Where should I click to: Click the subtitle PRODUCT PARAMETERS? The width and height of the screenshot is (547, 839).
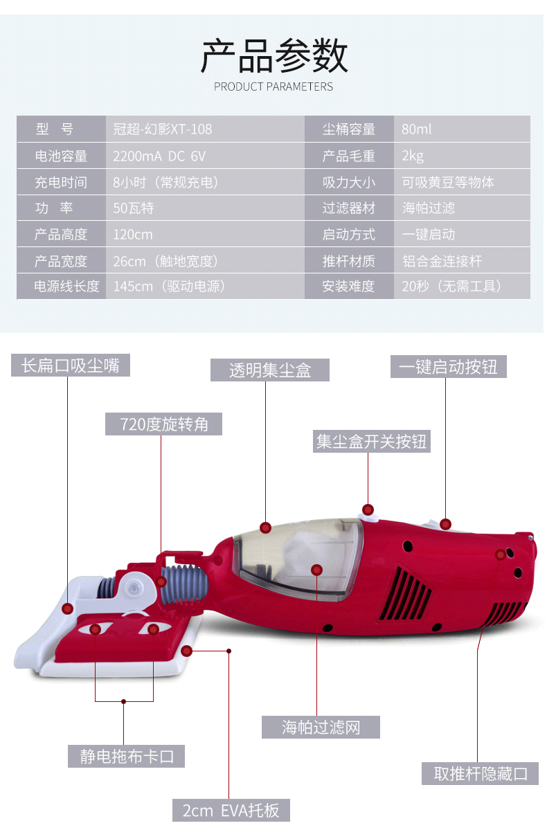tap(273, 87)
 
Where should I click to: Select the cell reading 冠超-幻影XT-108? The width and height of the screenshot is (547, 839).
tap(163, 129)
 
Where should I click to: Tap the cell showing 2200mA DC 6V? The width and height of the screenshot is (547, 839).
tap(159, 156)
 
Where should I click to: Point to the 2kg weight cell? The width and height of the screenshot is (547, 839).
tap(413, 156)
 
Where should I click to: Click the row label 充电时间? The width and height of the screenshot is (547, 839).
tap(61, 183)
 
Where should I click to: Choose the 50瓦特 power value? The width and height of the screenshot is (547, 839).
tap(134, 208)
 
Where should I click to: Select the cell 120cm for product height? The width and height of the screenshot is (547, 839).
tap(133, 235)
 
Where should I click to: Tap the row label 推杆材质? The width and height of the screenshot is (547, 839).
tap(348, 261)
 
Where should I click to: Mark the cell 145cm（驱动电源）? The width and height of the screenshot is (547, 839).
tap(170, 287)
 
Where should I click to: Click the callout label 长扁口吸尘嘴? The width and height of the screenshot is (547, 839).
tap(71, 366)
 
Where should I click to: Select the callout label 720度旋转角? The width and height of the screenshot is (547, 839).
tap(164, 424)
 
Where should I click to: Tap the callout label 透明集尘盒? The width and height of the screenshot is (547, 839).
tap(270, 370)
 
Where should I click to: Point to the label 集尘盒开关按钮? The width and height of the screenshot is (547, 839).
tap(371, 441)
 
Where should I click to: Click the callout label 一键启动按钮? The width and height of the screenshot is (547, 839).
tap(449, 366)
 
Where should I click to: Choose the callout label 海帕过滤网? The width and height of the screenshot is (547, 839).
tap(321, 727)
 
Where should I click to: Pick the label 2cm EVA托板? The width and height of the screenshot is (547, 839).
tap(231, 811)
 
